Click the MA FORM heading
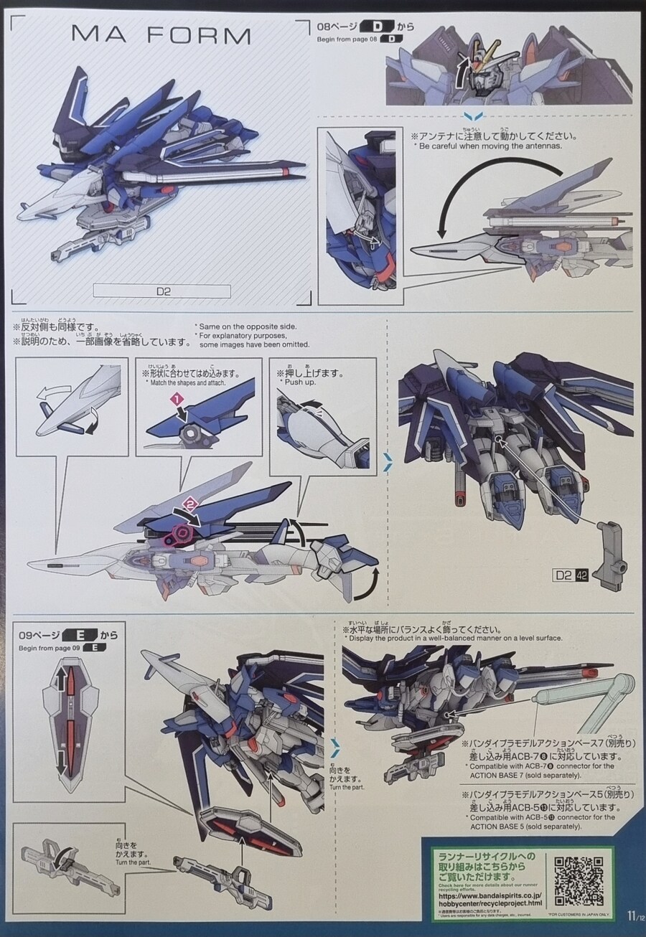point(161,36)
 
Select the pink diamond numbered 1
point(174,397)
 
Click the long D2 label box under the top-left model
point(161,291)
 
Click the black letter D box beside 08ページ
point(378,28)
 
